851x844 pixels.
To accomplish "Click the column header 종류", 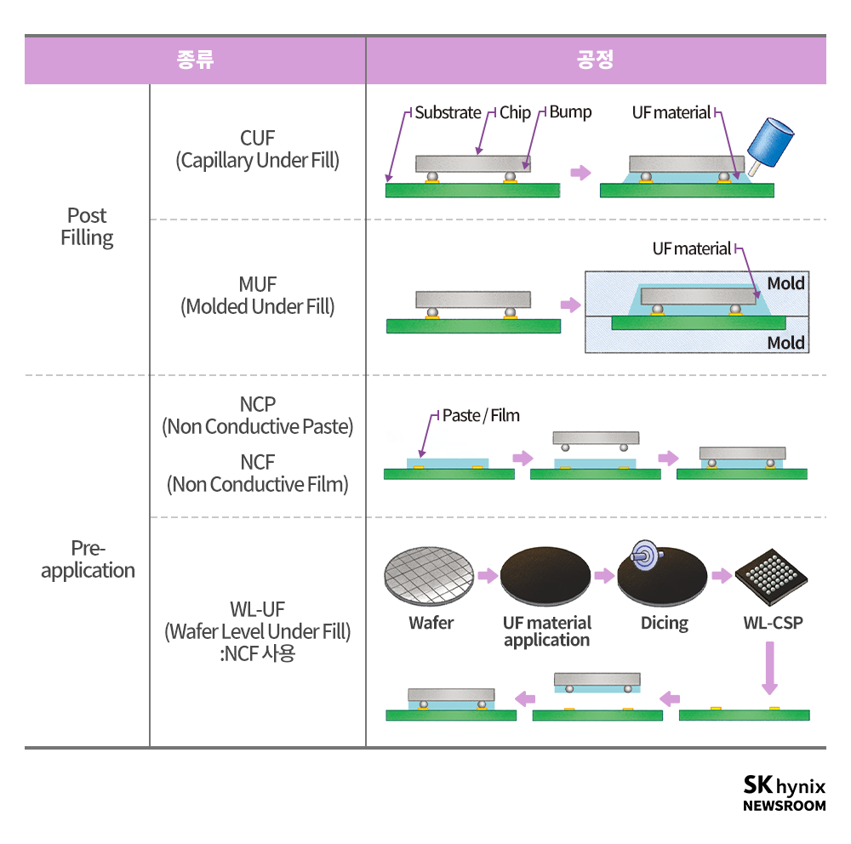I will pyautogui.click(x=195, y=60).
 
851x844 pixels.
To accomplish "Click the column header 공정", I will pyautogui.click(x=595, y=60).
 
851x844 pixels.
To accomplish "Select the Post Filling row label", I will pyautogui.click(x=87, y=226).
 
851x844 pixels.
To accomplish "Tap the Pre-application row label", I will pyautogui.click(x=88, y=559).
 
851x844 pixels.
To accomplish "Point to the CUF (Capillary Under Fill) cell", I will pyautogui.click(x=257, y=149).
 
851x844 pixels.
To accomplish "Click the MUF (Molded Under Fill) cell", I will pyautogui.click(x=257, y=295).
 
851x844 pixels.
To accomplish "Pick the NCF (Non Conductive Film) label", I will pyautogui.click(x=257, y=473).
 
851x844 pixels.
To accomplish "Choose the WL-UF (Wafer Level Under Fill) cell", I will pyautogui.click(x=257, y=631).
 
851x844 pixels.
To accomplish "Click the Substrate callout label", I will pyautogui.click(x=448, y=112).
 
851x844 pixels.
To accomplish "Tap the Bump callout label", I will pyautogui.click(x=570, y=111).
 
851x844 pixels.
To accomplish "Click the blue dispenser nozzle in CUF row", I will pyautogui.click(x=771, y=140).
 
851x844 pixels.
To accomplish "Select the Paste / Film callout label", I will pyautogui.click(x=481, y=415).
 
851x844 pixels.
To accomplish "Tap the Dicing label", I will pyautogui.click(x=665, y=623).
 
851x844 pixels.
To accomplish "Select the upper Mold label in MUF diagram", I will pyautogui.click(x=785, y=283).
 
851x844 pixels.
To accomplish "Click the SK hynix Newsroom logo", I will pyautogui.click(x=784, y=793).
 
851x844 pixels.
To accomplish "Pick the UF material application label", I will pyautogui.click(x=546, y=631).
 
